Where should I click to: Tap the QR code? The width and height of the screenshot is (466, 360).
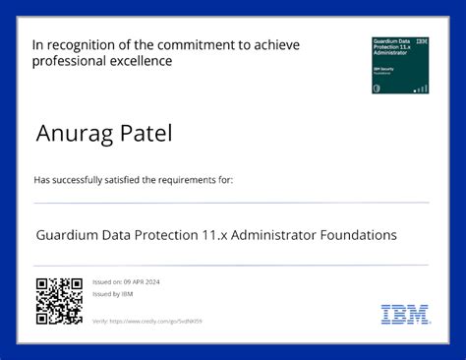(x=59, y=301)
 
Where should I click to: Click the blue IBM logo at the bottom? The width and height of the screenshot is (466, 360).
(x=405, y=315)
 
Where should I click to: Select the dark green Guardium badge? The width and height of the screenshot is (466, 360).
(x=400, y=65)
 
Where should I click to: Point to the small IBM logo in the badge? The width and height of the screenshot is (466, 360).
(x=422, y=42)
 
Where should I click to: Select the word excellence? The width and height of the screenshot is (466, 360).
(x=143, y=61)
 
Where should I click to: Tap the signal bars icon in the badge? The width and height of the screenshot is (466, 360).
(x=421, y=89)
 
